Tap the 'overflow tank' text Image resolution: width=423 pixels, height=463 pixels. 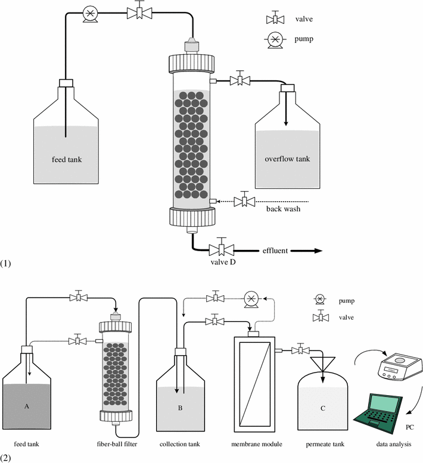pyautogui.click(x=288, y=159)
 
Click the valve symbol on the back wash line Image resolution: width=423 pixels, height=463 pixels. pyautogui.click(x=243, y=201)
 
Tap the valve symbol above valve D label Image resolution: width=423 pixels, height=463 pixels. pyautogui.click(x=222, y=249)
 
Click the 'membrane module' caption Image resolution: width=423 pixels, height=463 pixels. pyautogui.click(x=256, y=444)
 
